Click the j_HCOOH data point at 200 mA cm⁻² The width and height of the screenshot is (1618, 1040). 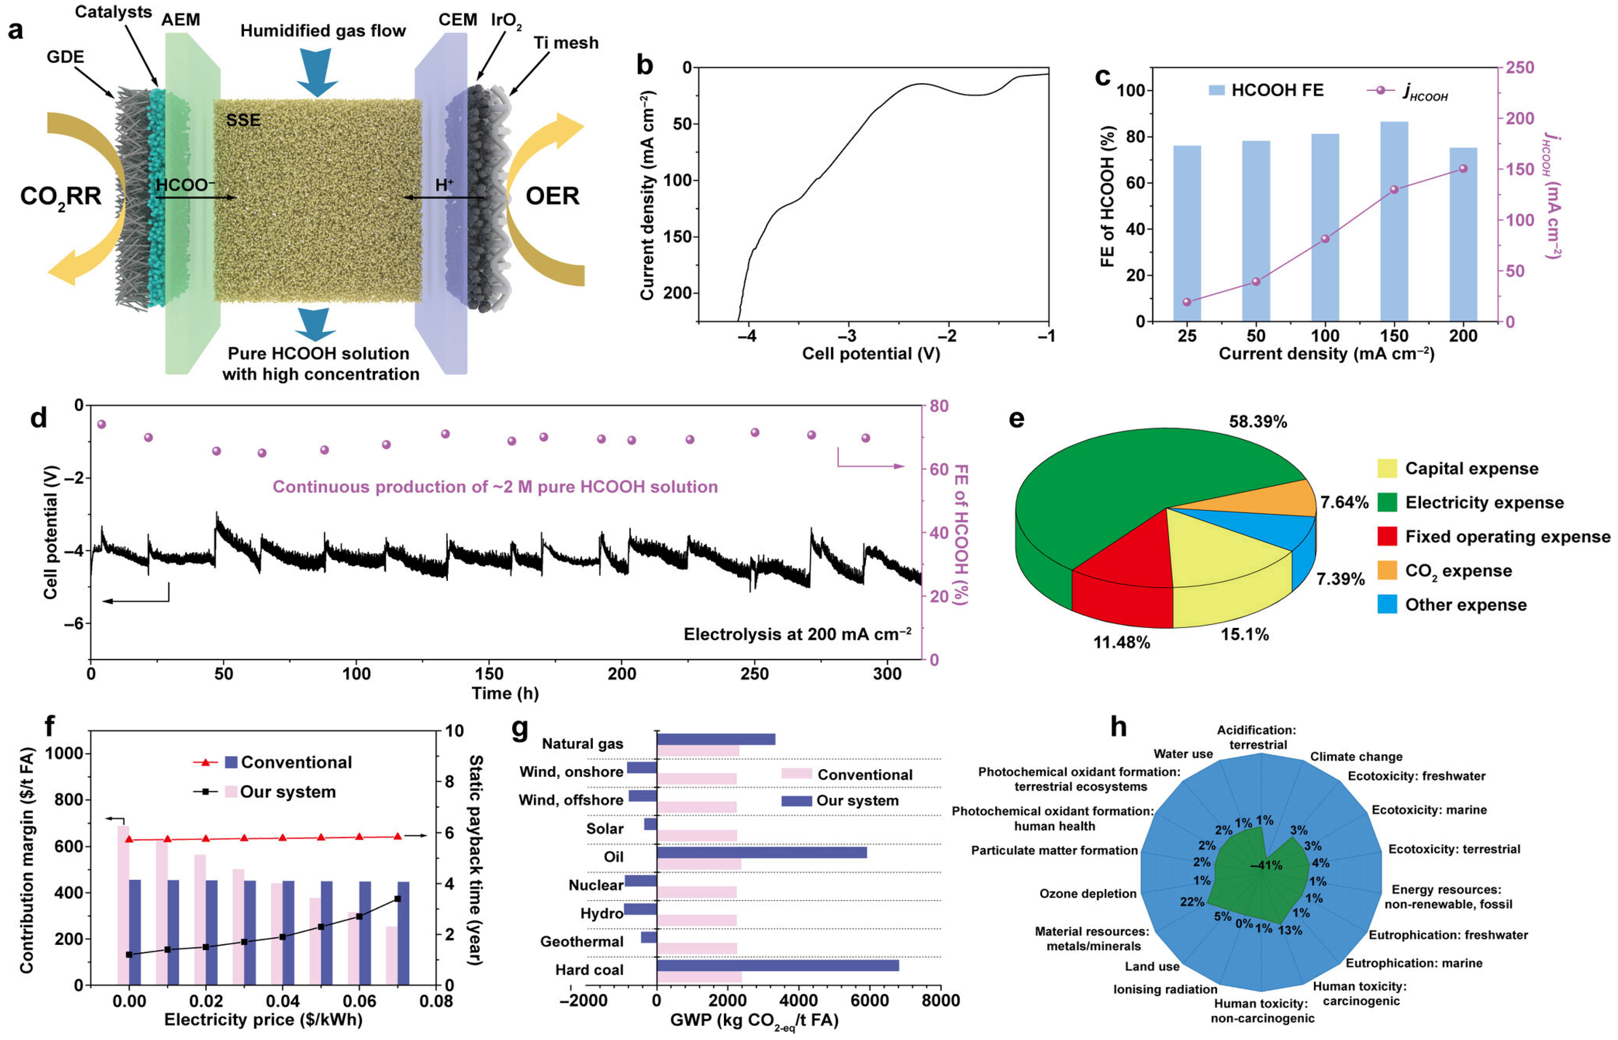[1463, 168]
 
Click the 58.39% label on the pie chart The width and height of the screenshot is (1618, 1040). [1257, 422]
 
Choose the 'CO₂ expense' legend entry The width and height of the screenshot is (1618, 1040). [1457, 571]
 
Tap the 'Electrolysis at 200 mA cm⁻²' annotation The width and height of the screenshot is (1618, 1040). [797, 634]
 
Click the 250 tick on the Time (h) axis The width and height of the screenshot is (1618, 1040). [754, 674]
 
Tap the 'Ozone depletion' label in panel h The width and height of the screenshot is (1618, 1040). [1087, 893]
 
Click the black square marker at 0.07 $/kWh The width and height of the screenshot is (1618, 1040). [397, 899]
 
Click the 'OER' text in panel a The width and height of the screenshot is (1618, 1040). [552, 196]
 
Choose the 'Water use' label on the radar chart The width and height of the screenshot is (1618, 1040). [1183, 754]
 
